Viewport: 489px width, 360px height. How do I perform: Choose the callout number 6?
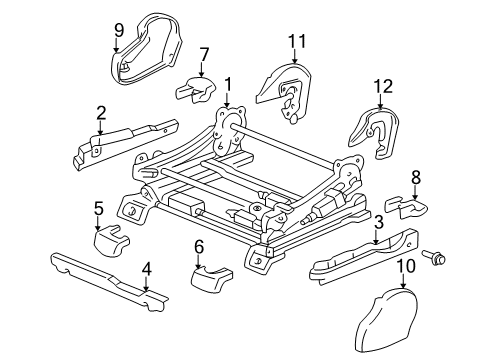198,246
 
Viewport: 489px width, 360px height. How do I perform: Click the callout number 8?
415,178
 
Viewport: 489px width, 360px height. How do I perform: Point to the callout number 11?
294,41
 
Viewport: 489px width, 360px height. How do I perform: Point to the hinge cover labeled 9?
148,50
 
